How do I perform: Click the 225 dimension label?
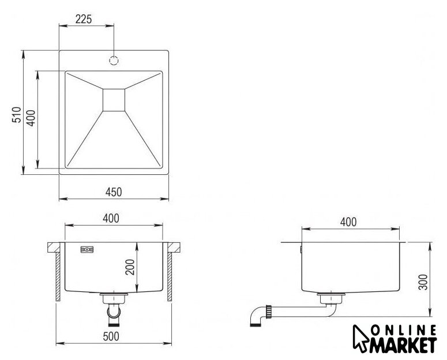point(84,19)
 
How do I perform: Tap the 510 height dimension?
point(17,115)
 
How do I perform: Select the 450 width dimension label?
point(114,192)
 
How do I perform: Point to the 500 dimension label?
point(111,336)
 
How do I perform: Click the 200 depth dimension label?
point(130,267)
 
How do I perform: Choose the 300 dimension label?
point(423,282)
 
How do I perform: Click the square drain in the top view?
point(114,100)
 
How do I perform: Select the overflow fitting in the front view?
point(87,250)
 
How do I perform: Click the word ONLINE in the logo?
point(403,331)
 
